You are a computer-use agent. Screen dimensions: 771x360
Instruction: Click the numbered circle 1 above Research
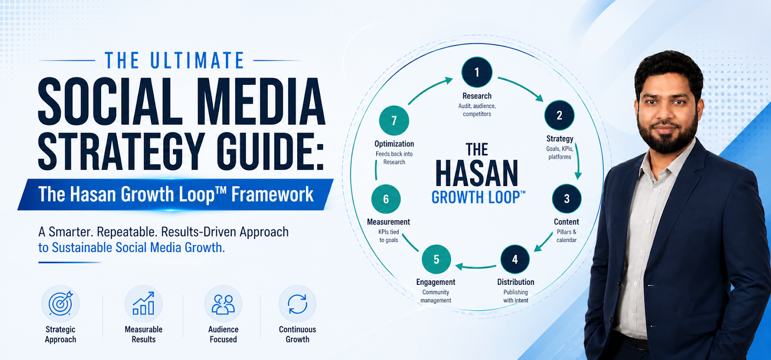[x=477, y=72]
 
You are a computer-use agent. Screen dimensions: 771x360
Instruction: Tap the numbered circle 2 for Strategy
[x=559, y=115]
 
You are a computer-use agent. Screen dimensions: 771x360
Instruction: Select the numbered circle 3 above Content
[x=567, y=199]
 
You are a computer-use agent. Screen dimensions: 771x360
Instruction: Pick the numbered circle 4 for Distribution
[x=515, y=259]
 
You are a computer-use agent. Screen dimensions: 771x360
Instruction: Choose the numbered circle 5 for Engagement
[x=437, y=259]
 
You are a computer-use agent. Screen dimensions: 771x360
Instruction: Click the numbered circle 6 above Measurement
[x=386, y=199]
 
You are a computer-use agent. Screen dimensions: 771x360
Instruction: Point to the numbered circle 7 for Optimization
[x=394, y=120]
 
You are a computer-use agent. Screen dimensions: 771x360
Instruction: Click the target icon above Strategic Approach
[x=61, y=304]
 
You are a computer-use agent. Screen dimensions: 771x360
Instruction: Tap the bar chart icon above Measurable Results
[x=144, y=303]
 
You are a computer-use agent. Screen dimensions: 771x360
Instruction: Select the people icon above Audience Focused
[x=224, y=304]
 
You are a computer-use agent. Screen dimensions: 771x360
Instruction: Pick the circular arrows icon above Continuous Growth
[x=297, y=304]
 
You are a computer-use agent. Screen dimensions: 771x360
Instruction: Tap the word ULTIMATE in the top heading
[x=197, y=60]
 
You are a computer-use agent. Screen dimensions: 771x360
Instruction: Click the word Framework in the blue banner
[x=272, y=194]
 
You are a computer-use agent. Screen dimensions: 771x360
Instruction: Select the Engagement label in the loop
[x=436, y=282]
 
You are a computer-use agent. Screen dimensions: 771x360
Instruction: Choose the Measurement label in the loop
[x=388, y=222]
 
